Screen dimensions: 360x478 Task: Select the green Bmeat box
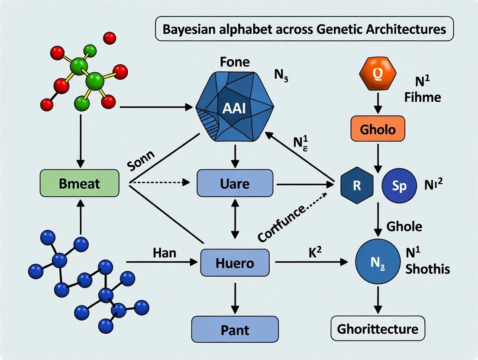tap(79, 183)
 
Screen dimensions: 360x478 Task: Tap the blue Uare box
tap(235, 183)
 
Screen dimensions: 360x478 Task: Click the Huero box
tap(235, 263)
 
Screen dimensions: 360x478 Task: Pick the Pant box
tap(235, 330)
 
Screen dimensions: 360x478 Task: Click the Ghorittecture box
tap(378, 328)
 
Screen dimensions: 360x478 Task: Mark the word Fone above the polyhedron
tap(235, 62)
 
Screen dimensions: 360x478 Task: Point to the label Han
tap(165, 252)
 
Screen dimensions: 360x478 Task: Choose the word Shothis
tap(428, 269)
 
